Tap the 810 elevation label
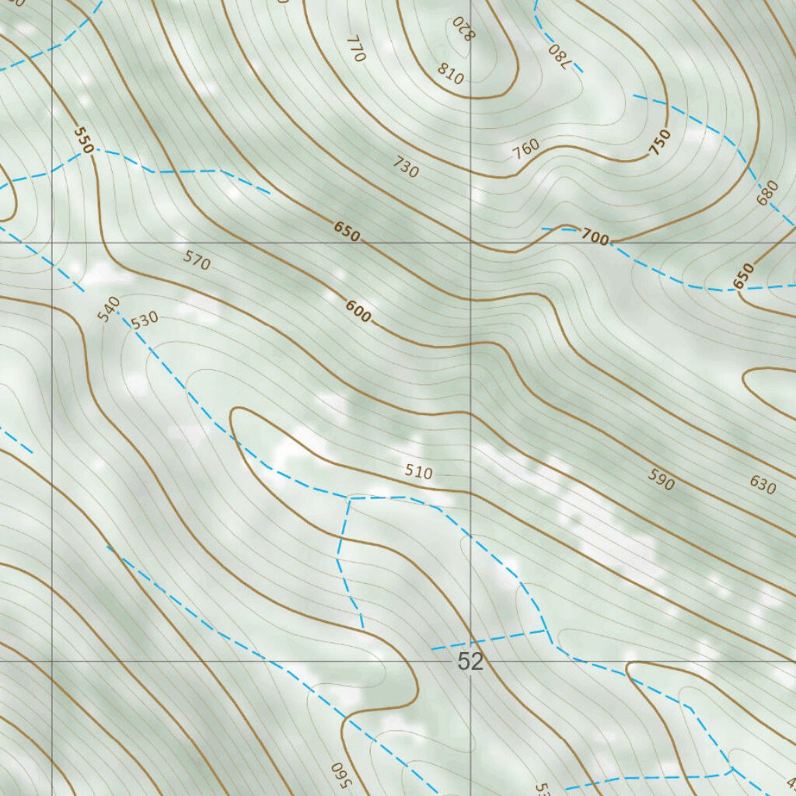tap(450, 75)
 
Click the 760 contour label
tap(526, 150)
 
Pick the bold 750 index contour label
tap(659, 142)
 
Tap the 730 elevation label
tap(406, 166)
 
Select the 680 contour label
tap(767, 193)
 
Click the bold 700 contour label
tap(595, 238)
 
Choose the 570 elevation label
tap(197, 260)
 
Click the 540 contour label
tap(110, 308)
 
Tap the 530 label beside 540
tap(145, 319)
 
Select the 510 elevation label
tap(418, 472)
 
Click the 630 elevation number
tap(763, 485)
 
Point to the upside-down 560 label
tap(338, 773)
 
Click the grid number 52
tap(470, 662)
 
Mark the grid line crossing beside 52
tap(470, 662)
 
